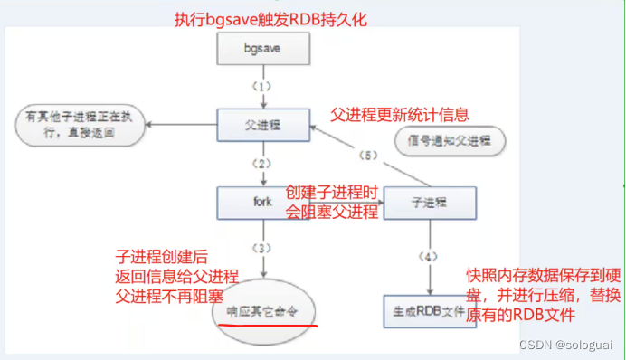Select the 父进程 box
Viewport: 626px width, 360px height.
coord(263,121)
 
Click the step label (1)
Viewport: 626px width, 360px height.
coord(262,87)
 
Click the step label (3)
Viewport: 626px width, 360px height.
coord(262,247)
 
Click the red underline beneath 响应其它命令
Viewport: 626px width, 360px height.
coord(264,322)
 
